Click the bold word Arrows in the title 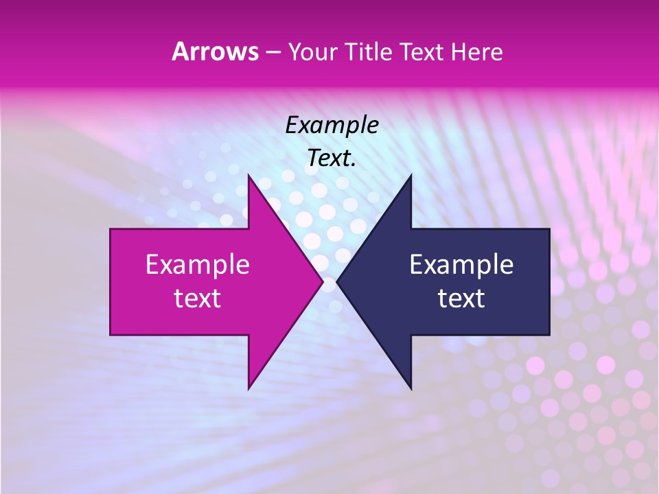click(215, 51)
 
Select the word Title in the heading click(369, 52)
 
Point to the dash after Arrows click(272, 53)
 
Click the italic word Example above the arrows click(332, 125)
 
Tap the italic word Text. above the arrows click(332, 158)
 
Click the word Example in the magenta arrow click(198, 264)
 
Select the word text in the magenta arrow click(198, 298)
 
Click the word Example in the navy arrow click(461, 264)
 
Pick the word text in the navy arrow click(461, 298)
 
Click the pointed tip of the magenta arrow click(323, 281)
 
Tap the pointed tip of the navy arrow click(337, 281)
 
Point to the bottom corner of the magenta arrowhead click(248, 388)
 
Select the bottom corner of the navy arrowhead click(411, 388)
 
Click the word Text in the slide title click(422, 52)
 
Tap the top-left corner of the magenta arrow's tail click(111, 229)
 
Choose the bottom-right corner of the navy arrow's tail click(549, 335)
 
